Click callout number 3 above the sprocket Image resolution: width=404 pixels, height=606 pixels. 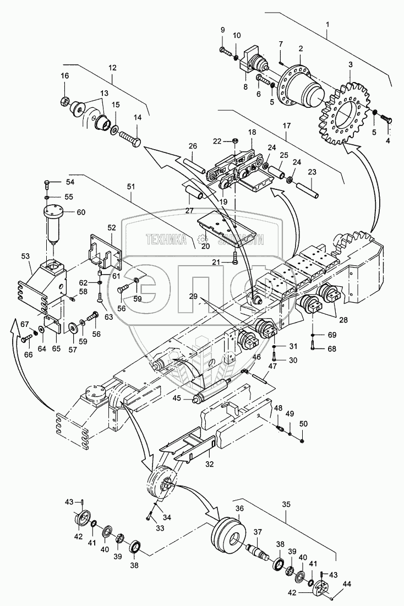point(350,64)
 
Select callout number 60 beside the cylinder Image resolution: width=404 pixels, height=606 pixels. point(81,212)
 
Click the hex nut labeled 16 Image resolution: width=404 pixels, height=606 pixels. point(65,101)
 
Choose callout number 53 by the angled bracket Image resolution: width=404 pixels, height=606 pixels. point(25,256)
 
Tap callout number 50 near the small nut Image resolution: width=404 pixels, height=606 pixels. point(304,424)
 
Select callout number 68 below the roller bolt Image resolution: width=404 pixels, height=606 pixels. point(331,348)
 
